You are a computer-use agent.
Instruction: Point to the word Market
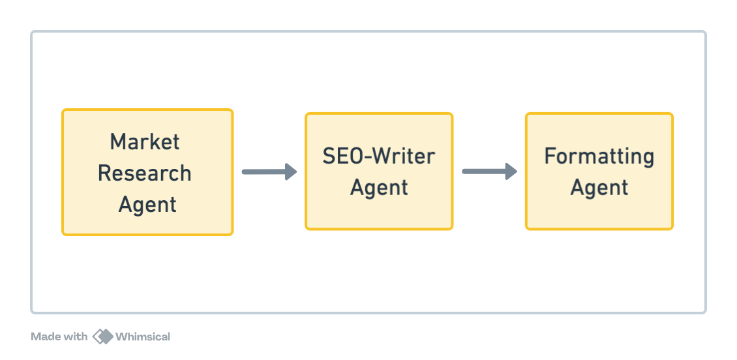click(145, 142)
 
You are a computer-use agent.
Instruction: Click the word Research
click(145, 173)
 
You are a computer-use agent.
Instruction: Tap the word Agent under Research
click(147, 204)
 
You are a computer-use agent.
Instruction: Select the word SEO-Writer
click(379, 157)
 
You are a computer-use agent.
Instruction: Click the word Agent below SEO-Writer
click(379, 188)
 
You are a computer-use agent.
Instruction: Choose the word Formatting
click(599, 157)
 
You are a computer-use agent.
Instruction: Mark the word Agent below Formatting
click(599, 188)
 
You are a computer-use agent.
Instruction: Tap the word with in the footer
click(74, 337)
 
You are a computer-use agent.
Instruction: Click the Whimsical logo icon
click(102, 337)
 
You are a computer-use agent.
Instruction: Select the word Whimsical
click(143, 337)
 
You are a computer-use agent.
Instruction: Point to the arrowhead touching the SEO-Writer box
click(291, 172)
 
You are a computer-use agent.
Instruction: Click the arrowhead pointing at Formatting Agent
click(511, 172)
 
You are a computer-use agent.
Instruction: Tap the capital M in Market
click(117, 142)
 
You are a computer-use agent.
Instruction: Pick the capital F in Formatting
click(550, 157)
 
